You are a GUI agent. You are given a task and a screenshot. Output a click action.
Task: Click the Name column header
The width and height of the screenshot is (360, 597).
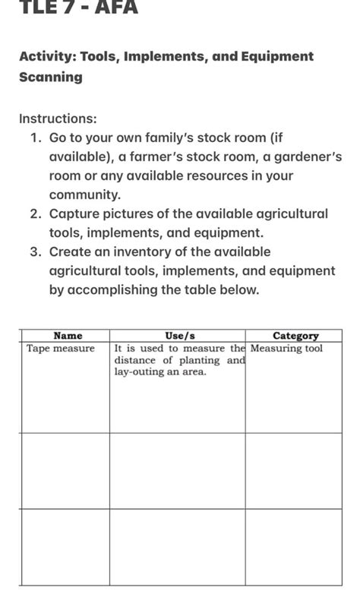click(x=68, y=335)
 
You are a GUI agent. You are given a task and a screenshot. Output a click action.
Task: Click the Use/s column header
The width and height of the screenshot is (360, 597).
click(x=180, y=335)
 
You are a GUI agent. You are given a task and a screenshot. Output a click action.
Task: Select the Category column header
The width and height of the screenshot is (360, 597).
click(x=295, y=335)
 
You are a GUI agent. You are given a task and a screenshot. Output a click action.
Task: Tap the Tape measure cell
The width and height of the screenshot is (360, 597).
click(x=61, y=349)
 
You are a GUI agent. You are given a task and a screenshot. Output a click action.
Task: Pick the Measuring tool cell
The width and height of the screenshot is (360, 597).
click(x=287, y=349)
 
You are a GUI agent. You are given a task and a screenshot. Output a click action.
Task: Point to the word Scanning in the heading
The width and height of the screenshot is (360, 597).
click(x=51, y=77)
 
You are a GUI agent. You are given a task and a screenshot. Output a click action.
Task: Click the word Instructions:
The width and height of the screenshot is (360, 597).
click(x=58, y=119)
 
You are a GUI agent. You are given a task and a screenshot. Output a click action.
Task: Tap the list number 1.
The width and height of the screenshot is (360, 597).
click(x=36, y=138)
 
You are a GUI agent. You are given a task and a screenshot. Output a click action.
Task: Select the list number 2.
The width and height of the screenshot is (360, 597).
click(x=36, y=214)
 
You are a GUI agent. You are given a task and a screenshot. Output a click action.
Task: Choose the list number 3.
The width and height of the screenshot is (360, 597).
click(x=36, y=252)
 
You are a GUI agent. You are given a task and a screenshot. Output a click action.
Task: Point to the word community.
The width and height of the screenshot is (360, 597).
click(x=85, y=195)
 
